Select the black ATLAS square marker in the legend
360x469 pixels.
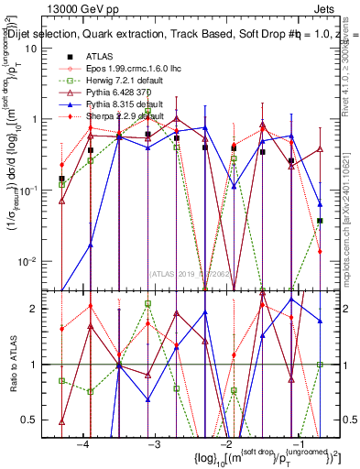68,57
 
